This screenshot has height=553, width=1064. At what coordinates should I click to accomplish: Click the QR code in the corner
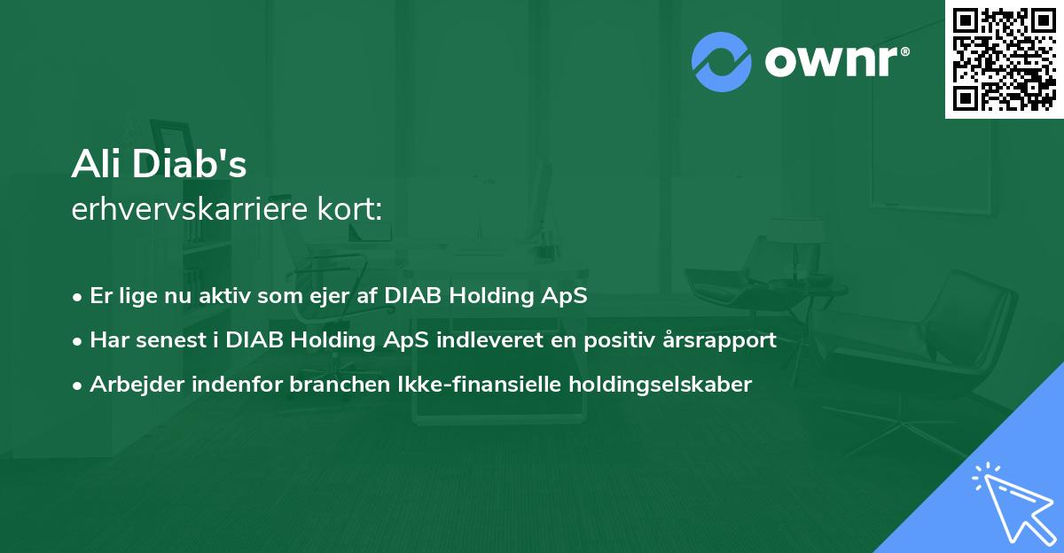click(1004, 59)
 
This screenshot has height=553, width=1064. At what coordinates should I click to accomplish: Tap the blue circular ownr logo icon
click(722, 62)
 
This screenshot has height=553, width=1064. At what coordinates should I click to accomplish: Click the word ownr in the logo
click(832, 62)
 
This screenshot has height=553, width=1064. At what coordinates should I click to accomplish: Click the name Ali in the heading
click(98, 164)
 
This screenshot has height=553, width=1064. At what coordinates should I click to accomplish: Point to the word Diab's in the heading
click(189, 164)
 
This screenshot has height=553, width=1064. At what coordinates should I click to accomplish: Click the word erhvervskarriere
click(190, 209)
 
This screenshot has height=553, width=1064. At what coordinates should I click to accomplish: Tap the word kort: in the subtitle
click(350, 209)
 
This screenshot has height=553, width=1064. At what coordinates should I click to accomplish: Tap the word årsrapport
click(720, 340)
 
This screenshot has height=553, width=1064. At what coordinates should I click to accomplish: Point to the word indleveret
click(489, 340)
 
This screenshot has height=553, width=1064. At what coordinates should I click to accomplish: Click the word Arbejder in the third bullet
click(137, 385)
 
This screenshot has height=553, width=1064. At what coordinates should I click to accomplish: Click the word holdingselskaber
click(661, 385)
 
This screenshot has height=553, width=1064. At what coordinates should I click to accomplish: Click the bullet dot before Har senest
click(77, 342)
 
